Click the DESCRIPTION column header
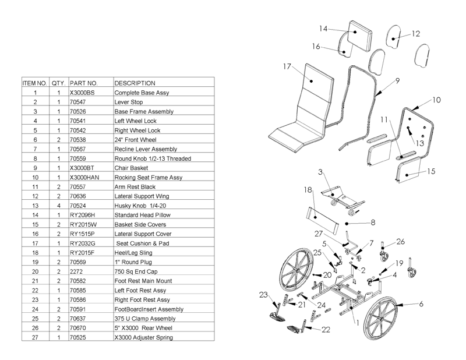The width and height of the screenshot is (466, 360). pos(135,83)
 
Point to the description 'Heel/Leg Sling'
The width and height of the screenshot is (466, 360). pos(133,252)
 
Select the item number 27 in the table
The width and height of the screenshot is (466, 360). pos(36,337)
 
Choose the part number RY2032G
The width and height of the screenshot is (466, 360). pos(82,243)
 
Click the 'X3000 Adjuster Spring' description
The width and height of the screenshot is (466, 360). pos(143,337)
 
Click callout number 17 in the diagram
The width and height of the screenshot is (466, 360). pos(287,67)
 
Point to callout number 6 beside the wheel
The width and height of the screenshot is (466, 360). pos(421,304)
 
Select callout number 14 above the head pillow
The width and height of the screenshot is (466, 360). pos(323,28)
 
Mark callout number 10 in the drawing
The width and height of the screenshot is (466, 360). pos(436,100)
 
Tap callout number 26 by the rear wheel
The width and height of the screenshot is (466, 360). pos(400,241)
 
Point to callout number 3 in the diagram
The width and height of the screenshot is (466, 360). pos(320,172)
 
